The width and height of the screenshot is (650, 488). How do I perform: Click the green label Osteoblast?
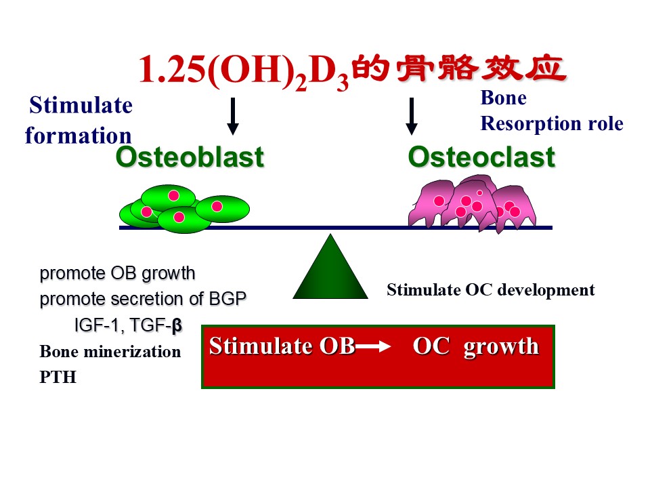tap(189, 157)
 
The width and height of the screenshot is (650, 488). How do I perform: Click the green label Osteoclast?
tap(481, 157)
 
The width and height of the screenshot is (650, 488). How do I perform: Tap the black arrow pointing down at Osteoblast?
tap(233, 117)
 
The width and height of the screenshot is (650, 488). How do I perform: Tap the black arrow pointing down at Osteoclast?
tap(411, 117)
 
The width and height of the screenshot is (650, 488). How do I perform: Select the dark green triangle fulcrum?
tap(330, 271)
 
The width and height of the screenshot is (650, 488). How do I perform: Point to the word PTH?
tap(58, 378)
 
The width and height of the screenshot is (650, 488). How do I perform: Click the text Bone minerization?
tap(110, 352)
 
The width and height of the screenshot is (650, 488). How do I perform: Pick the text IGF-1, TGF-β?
tap(128, 326)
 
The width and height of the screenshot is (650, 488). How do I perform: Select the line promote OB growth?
tap(117, 274)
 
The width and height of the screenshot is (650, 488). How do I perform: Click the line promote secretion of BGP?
tap(142, 299)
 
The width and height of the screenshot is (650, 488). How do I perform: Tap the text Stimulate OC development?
tap(490, 290)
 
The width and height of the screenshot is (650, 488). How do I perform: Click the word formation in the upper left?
tap(78, 135)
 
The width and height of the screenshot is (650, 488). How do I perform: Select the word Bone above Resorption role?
tap(503, 98)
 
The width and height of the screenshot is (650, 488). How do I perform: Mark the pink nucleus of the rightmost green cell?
tap(217, 206)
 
